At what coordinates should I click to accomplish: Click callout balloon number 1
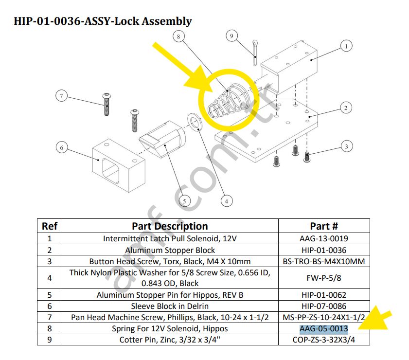tap(346, 46)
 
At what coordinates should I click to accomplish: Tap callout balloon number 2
tap(345, 108)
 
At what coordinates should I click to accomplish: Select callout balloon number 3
tap(346, 146)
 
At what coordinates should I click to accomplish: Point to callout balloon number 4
tap(226, 199)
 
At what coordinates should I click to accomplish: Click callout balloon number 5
tap(184, 200)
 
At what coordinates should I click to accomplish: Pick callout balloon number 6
tap(61, 147)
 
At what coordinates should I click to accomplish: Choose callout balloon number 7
tap(61, 96)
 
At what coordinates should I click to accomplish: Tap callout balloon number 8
tap(179, 36)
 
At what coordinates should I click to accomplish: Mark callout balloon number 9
tap(231, 36)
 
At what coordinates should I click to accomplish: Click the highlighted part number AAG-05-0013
tap(323, 328)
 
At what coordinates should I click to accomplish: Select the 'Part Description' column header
tap(170, 226)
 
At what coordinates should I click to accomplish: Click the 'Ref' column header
tap(50, 226)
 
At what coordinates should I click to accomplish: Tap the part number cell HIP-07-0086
tap(323, 306)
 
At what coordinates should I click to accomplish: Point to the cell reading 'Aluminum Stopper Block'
tap(170, 250)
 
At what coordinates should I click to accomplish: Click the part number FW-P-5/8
tap(323, 278)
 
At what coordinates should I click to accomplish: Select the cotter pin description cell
tap(170, 340)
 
